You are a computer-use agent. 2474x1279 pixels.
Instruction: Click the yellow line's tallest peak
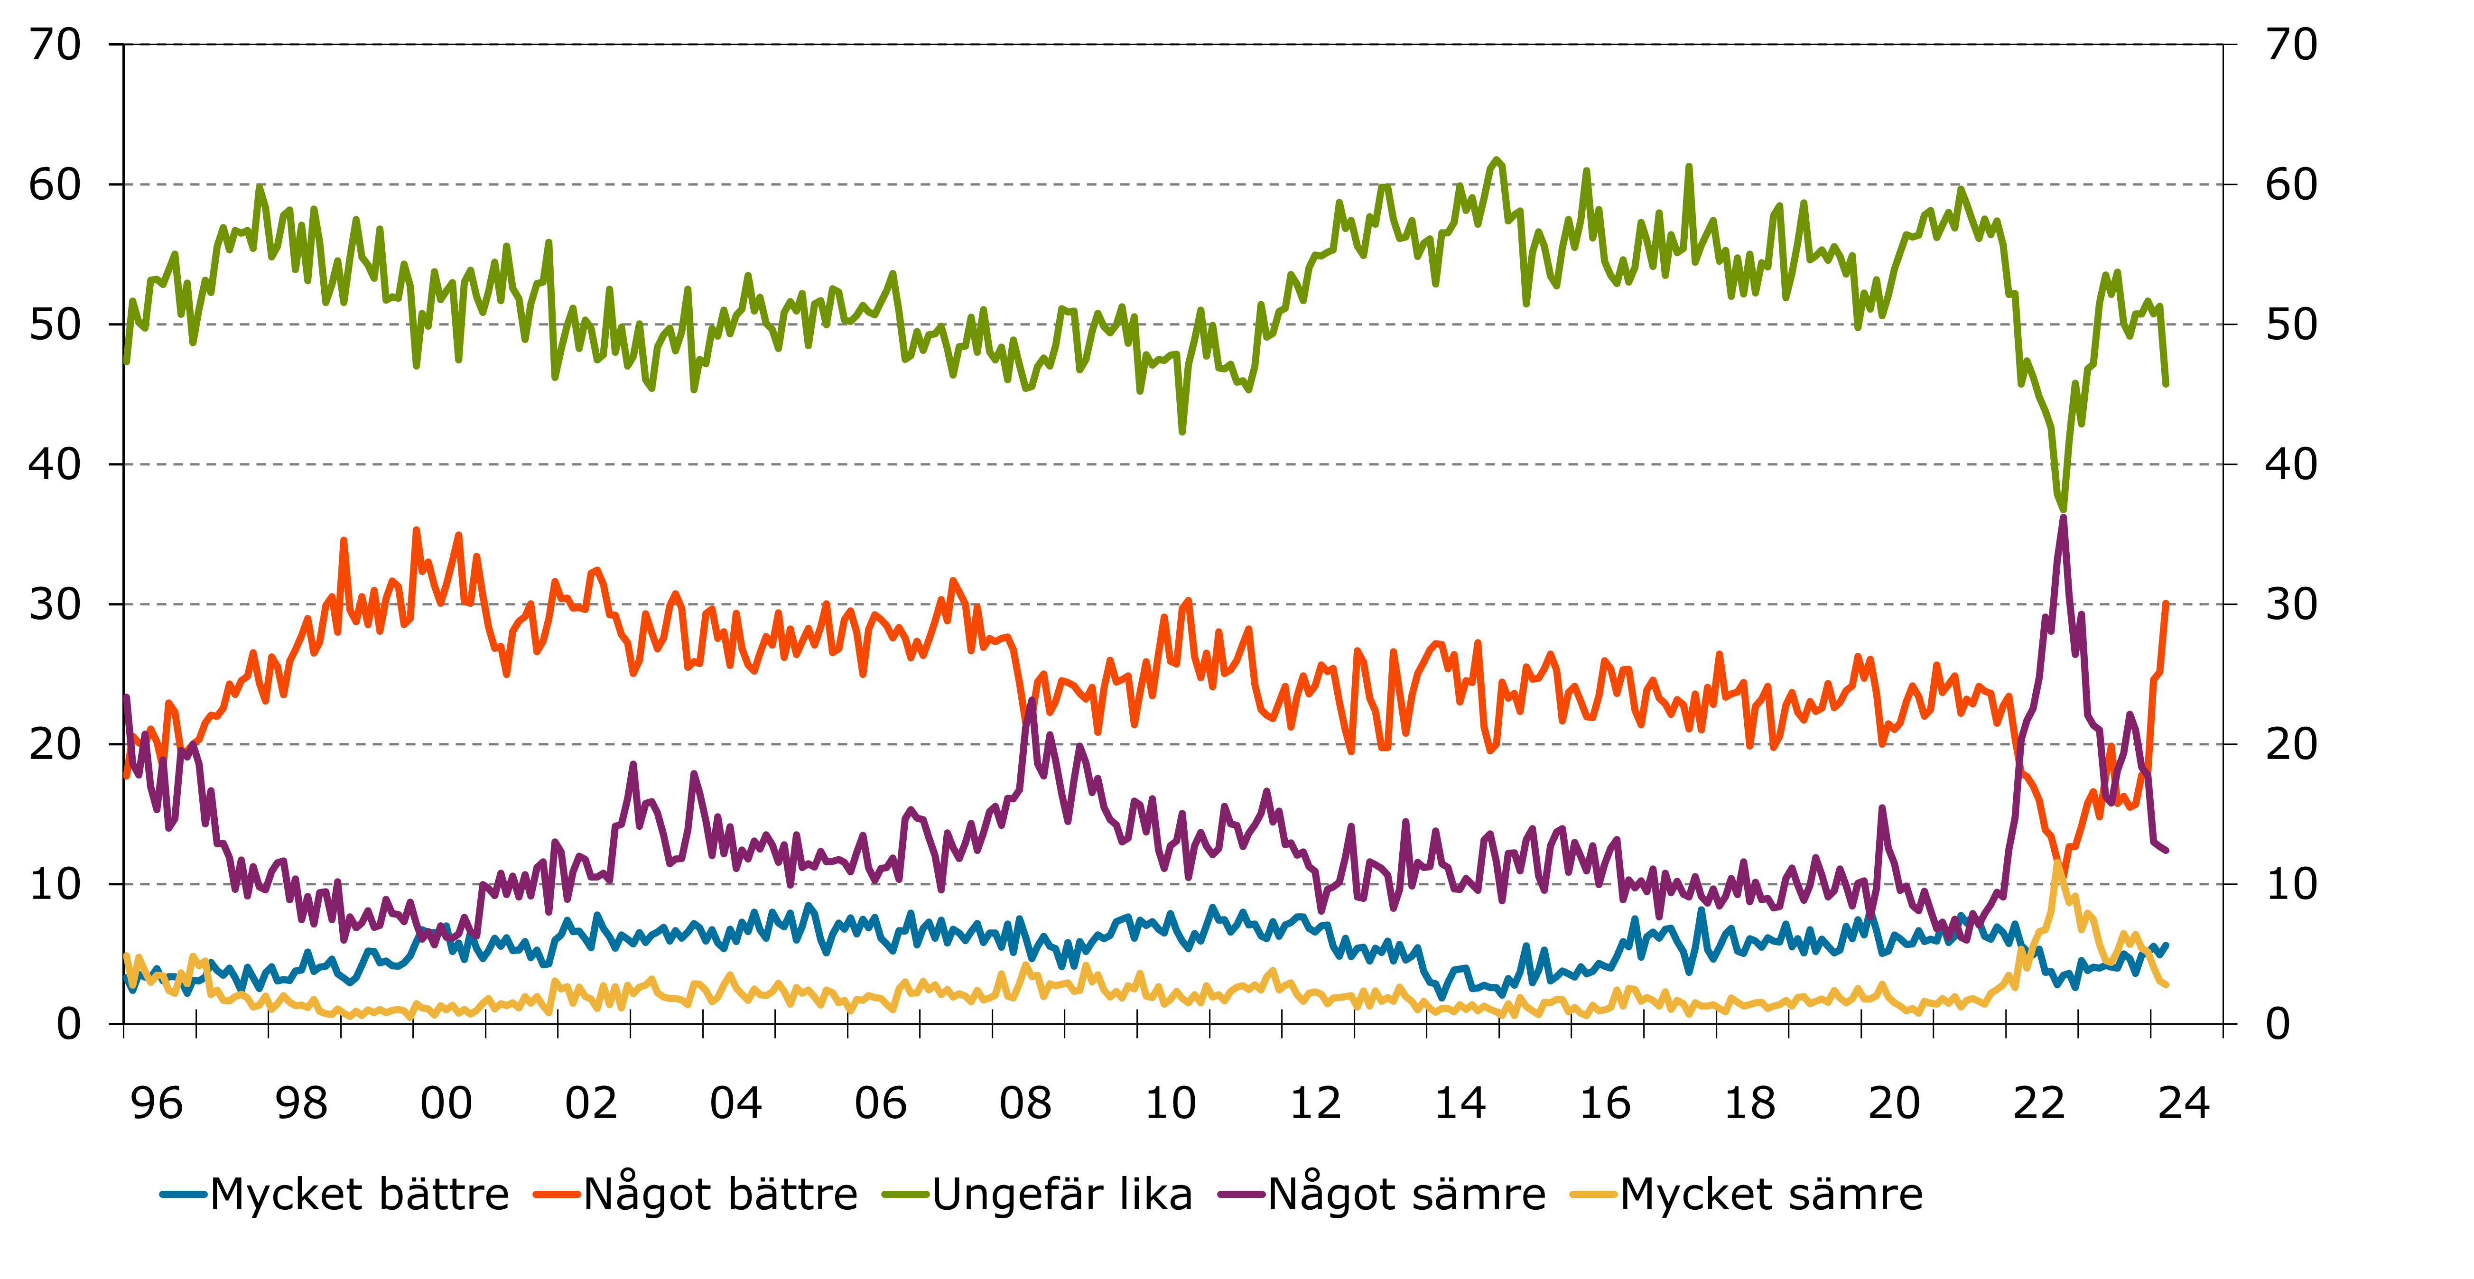tap(2057, 863)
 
